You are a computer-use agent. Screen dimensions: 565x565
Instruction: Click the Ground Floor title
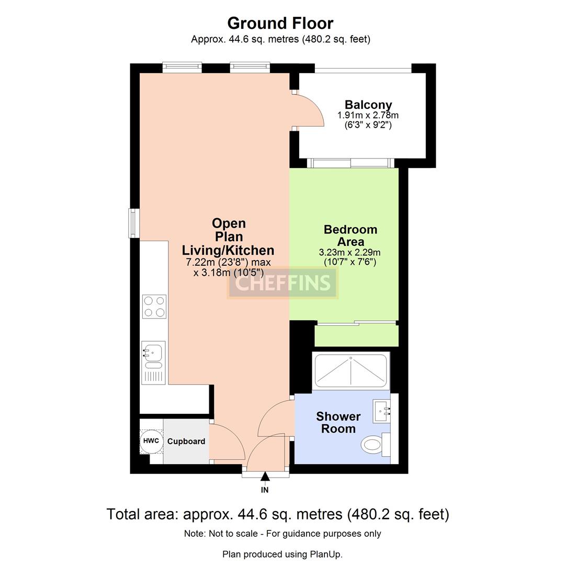280,24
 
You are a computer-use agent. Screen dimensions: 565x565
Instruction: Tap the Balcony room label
368,105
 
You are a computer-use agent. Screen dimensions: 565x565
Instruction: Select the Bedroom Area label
350,235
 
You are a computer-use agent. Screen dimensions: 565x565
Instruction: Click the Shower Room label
338,423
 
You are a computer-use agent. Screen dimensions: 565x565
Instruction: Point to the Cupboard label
186,442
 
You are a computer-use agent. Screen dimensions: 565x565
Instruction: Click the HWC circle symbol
151,441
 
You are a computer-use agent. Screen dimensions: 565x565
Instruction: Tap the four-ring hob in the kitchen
154,307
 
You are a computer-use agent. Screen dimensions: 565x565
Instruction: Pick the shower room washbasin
382,411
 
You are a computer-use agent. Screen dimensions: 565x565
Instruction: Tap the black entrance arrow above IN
265,476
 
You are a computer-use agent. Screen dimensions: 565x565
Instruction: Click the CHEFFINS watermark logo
282,283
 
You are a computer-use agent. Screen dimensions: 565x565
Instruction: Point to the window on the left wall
134,223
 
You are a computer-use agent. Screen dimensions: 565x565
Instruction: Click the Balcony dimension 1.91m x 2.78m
368,115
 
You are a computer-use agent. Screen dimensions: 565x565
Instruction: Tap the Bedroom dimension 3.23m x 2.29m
349,252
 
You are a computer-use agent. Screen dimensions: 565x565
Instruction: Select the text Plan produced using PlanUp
282,554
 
